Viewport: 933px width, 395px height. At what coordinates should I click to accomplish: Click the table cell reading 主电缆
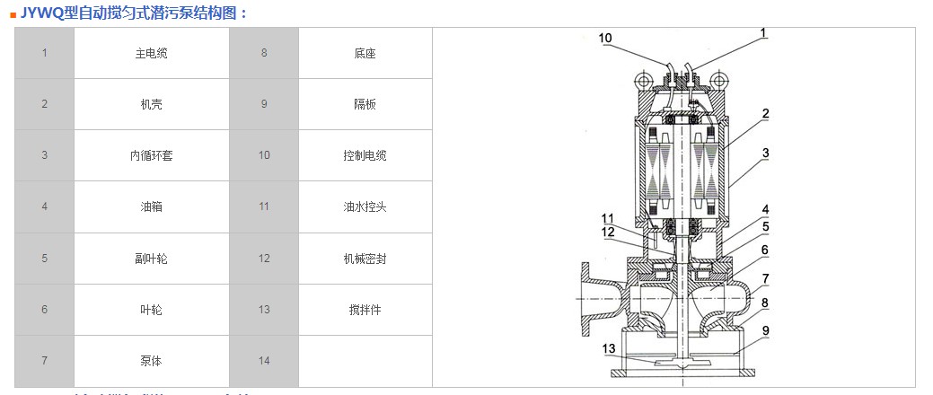click(x=150, y=53)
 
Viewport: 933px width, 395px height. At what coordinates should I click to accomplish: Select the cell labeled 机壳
click(x=150, y=104)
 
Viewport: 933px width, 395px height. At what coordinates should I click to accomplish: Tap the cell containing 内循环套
click(x=150, y=155)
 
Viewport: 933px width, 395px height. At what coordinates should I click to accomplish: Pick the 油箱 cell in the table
click(x=150, y=206)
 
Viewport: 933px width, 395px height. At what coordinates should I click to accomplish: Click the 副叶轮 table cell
click(x=150, y=259)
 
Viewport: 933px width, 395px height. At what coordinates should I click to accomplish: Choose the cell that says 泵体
click(x=150, y=361)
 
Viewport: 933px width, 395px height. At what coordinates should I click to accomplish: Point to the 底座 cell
click(x=364, y=53)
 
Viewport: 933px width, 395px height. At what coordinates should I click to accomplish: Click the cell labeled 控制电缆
click(x=364, y=155)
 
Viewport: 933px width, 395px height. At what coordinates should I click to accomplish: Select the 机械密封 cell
click(x=364, y=259)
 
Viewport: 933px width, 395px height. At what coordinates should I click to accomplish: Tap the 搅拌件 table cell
click(x=364, y=310)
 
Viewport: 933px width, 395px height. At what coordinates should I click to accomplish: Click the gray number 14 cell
click(x=263, y=361)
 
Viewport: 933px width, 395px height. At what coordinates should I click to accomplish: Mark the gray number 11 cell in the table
click(x=263, y=206)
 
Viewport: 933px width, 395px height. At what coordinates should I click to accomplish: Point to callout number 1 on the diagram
click(x=763, y=33)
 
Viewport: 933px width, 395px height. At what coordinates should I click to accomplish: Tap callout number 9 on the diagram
click(x=765, y=329)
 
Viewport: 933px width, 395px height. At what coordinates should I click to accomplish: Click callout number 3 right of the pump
click(x=765, y=154)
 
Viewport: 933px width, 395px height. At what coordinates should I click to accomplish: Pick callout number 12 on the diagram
click(x=608, y=232)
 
